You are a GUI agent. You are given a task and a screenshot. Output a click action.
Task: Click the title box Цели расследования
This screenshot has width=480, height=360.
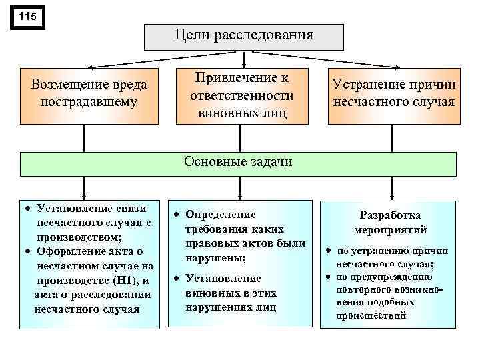(x=243, y=36)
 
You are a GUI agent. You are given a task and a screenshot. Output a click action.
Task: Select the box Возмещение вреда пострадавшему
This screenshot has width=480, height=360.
(x=89, y=94)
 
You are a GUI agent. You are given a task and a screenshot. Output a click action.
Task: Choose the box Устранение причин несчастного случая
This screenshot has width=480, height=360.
(x=393, y=94)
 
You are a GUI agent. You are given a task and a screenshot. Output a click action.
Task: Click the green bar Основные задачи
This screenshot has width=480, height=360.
(x=238, y=163)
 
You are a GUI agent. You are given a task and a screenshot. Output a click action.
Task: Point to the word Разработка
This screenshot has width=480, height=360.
(x=390, y=215)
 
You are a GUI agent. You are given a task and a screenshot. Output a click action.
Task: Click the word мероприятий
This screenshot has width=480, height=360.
(x=390, y=229)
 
